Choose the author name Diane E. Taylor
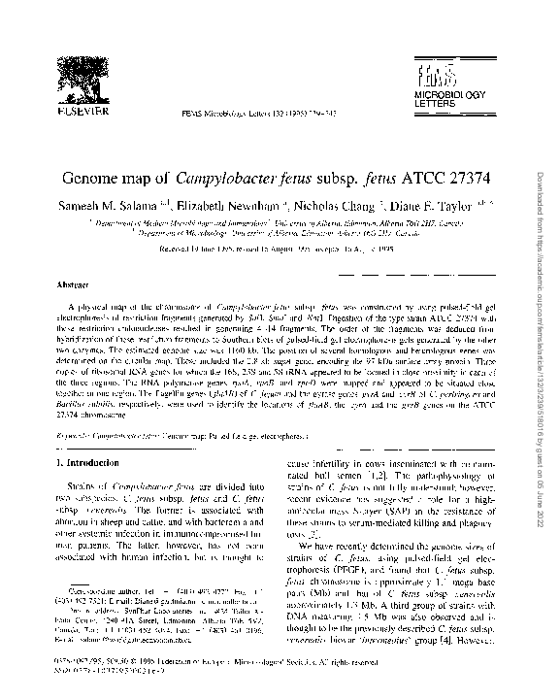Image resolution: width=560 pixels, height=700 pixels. pyautogui.click(x=432, y=206)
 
